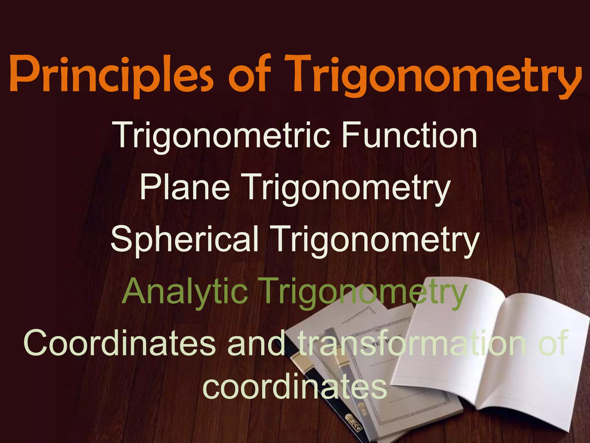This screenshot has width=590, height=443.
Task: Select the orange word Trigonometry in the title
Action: (432, 74)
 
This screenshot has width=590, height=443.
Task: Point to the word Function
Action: (409, 135)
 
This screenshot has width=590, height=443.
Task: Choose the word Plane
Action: (185, 187)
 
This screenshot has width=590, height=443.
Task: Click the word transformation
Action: (412, 343)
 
